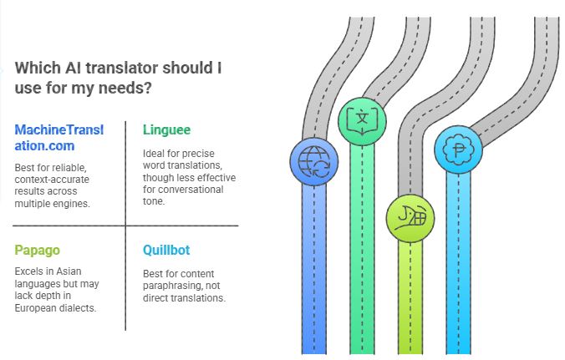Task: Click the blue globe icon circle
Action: [313, 160]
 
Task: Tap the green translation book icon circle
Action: [362, 119]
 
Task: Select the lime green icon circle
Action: [410, 220]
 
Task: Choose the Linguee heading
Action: [166, 129]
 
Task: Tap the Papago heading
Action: [38, 249]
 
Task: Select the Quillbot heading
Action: [167, 249]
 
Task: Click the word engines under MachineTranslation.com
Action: [79, 202]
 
